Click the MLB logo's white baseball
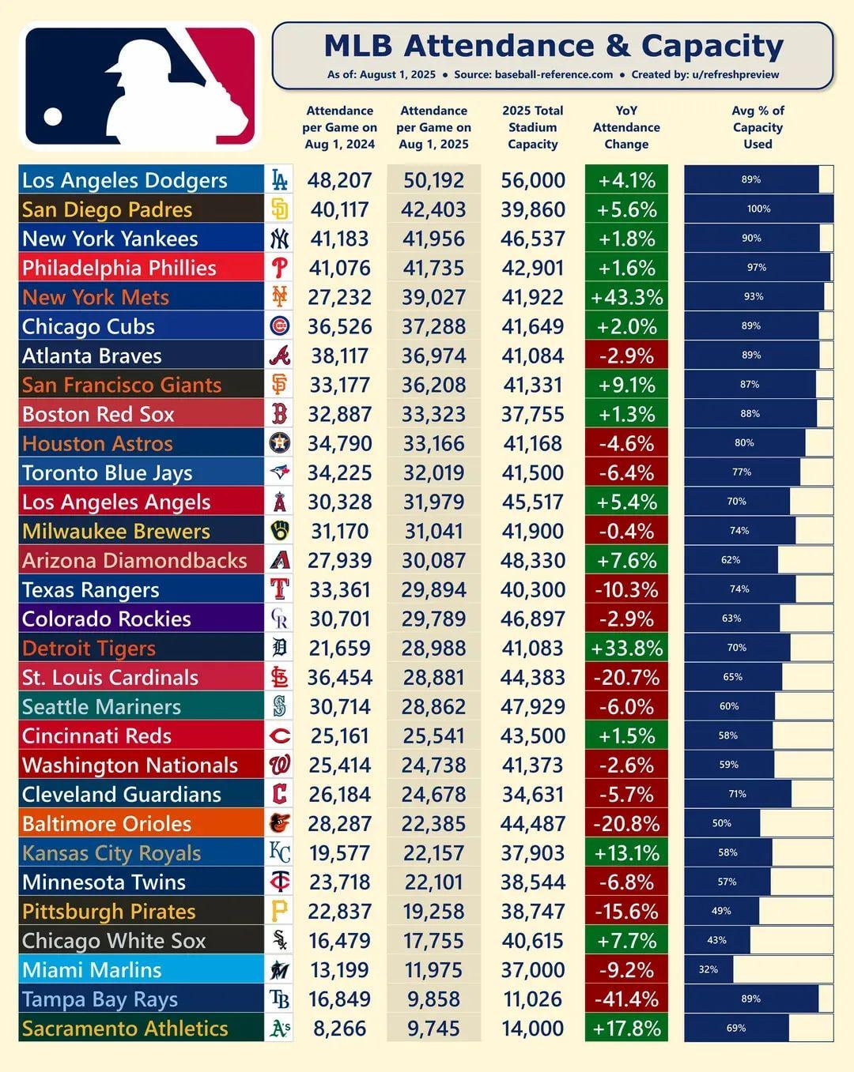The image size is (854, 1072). (53, 117)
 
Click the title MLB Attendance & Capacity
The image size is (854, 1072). (553, 46)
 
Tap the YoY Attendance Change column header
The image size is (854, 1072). (626, 127)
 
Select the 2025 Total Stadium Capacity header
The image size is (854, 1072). (532, 127)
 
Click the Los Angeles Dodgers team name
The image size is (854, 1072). (124, 180)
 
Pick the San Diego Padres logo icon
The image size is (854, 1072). (279, 209)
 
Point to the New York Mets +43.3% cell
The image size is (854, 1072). (626, 297)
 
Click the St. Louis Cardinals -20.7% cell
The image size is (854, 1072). (626, 677)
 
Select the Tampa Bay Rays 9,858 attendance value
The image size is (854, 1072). (433, 999)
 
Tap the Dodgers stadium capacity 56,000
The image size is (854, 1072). (532, 180)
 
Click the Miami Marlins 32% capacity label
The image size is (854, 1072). (708, 969)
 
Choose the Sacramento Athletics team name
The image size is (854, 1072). (125, 1028)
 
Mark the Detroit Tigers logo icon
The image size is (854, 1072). (279, 648)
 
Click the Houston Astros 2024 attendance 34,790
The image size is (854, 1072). (339, 443)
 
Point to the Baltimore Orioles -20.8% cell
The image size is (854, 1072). (626, 823)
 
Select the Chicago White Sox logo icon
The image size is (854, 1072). (279, 940)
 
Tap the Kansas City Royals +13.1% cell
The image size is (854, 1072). (626, 852)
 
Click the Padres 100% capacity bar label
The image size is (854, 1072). (758, 209)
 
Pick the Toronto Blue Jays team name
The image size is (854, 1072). (107, 472)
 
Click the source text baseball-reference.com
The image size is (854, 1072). (553, 75)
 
